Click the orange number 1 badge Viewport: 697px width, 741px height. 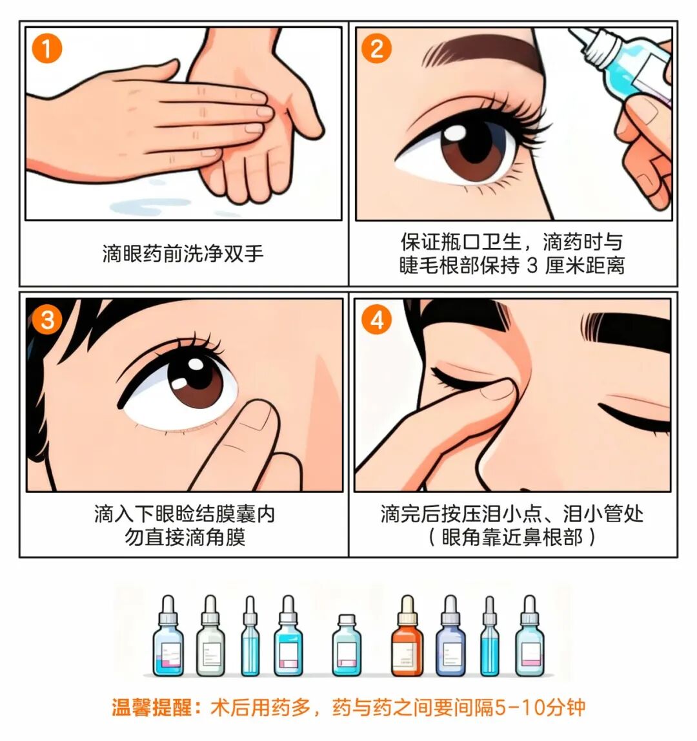coord(46,48)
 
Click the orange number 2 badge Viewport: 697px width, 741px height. coord(376,48)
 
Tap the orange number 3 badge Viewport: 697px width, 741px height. coord(46,318)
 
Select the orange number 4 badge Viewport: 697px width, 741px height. coord(376,320)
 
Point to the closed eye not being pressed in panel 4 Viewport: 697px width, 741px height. coord(636,413)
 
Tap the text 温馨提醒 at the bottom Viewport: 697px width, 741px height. coord(152,707)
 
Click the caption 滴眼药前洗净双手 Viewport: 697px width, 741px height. coord(183,253)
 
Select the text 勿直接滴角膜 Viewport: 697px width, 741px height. coord(185,537)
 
